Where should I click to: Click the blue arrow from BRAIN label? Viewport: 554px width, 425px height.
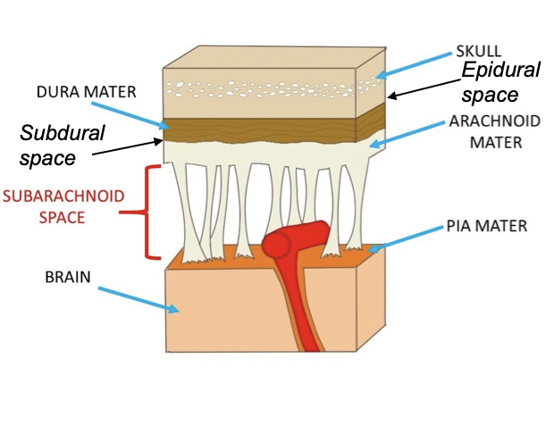(x=138, y=297)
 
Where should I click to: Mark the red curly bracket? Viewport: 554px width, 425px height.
(x=142, y=212)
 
